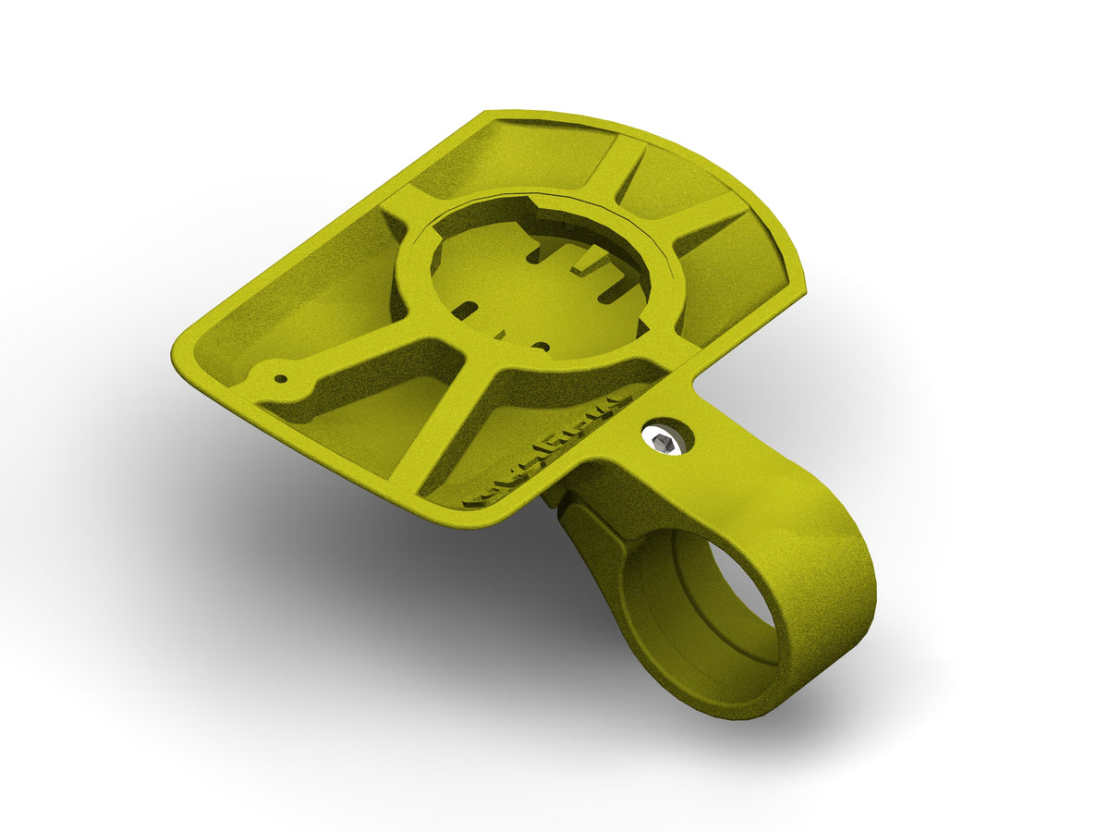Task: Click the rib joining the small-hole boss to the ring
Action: click(370, 365)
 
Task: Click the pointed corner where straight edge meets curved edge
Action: click(487, 115)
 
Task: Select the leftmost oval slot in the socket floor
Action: click(465, 309)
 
